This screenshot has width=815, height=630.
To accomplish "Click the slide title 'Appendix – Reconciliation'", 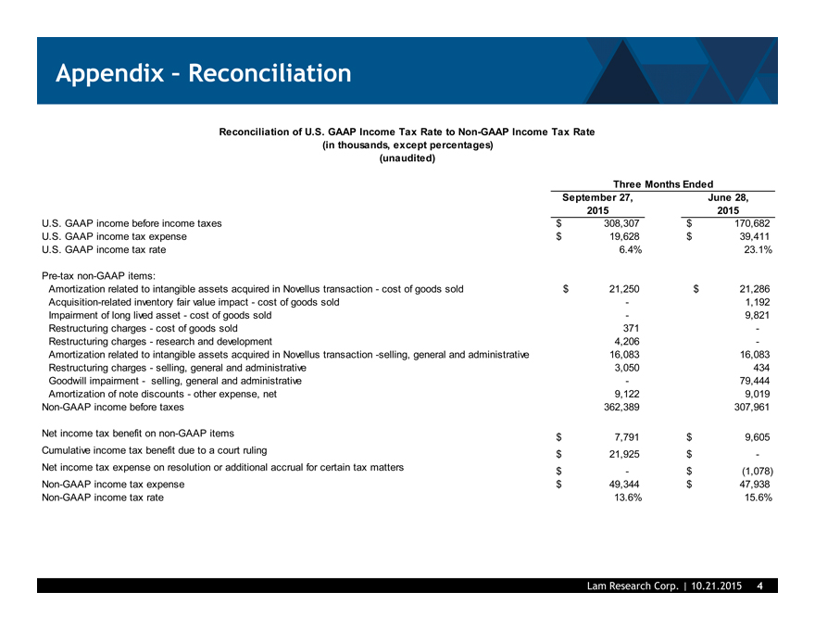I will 203,73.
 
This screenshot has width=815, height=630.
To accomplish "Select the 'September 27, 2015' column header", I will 598,204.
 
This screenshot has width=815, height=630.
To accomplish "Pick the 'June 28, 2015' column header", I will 728,204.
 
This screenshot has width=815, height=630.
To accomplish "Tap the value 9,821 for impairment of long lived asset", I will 758,315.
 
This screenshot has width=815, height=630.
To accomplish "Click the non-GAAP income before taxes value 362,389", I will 620,407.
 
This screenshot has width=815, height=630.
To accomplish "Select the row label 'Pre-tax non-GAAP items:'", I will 99,275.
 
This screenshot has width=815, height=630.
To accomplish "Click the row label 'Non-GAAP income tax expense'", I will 113,485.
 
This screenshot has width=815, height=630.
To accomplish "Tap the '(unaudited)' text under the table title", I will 407,157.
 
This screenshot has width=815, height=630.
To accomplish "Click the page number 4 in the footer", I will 759,586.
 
